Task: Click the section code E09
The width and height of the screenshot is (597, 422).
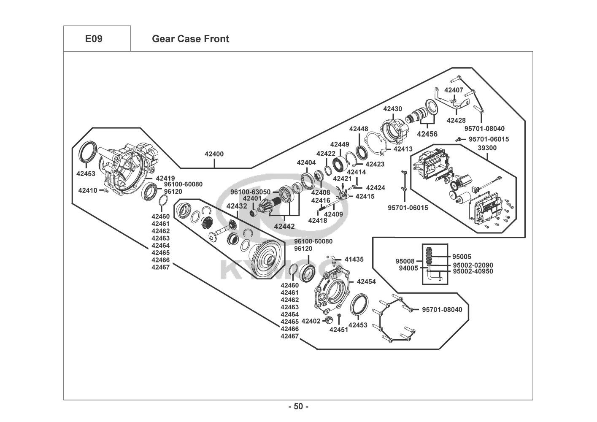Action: [94, 39]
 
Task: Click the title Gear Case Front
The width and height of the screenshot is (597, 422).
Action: [190, 39]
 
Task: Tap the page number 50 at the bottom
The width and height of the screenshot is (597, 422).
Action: [298, 407]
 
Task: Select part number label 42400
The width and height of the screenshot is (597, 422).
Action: [214, 154]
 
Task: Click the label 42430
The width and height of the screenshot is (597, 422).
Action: [392, 109]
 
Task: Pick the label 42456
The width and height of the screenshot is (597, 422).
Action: [427, 134]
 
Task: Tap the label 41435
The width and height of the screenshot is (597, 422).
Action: [354, 260]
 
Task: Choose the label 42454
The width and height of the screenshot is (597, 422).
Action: [366, 281]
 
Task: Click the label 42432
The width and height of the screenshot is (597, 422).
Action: [237, 206]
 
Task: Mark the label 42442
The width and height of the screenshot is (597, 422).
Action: [284, 226]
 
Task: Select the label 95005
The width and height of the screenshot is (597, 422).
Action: [462, 257]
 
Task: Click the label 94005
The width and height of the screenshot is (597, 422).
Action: [408, 268]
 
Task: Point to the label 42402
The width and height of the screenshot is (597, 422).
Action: [311, 321]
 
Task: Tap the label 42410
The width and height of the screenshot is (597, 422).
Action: [88, 190]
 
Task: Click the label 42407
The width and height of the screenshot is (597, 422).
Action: [454, 90]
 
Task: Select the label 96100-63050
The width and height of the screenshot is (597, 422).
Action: [250, 192]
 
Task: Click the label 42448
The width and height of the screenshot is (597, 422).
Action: [359, 129]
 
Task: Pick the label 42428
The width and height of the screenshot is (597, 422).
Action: [456, 120]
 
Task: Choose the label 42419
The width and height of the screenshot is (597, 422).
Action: [165, 178]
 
